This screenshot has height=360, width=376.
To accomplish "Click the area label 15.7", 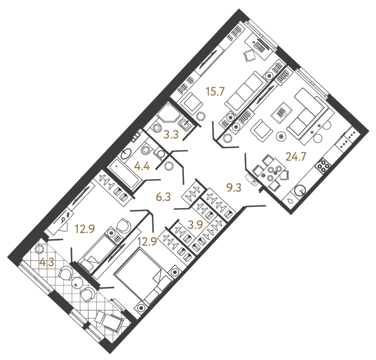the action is point(215,91).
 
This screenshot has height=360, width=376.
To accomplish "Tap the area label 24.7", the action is point(296,157).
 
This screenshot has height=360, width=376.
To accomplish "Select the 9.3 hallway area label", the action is point(234,188).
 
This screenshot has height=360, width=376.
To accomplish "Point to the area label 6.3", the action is point(163,197).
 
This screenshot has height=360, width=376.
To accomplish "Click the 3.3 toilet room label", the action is point(171,135).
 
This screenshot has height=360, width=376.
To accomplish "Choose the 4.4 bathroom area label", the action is point(142,166).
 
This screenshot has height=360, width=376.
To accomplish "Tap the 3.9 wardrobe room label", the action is point(195,225).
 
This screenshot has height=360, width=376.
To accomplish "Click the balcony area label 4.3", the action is point(47,262).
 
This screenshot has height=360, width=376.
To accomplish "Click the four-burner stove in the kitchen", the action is point(323,165).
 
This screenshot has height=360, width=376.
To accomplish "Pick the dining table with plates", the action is point(272,170).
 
